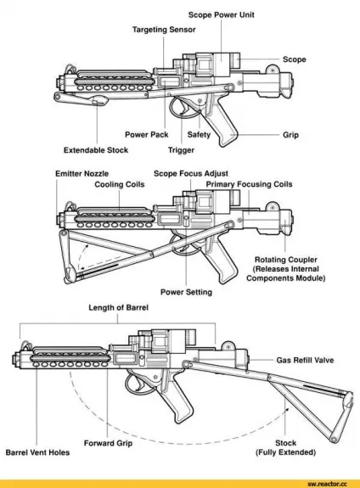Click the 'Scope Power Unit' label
coord(221,15)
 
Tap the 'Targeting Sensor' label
coord(164,30)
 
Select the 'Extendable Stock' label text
coord(96,150)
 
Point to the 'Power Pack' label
coord(146,135)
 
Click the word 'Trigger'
coord(181,150)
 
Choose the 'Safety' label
coord(199,135)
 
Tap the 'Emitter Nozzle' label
coord(82,174)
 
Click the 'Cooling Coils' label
coord(120,184)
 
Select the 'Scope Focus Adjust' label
coord(191,174)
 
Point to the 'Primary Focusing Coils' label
coord(249,184)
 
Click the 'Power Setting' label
coord(186,292)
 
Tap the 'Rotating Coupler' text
coord(286,260)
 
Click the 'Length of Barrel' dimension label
coord(118,308)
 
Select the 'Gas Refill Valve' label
coord(305,361)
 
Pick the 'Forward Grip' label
coord(108,443)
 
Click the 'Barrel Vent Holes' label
coord(37,452)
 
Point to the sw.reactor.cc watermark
coord(327,484)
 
